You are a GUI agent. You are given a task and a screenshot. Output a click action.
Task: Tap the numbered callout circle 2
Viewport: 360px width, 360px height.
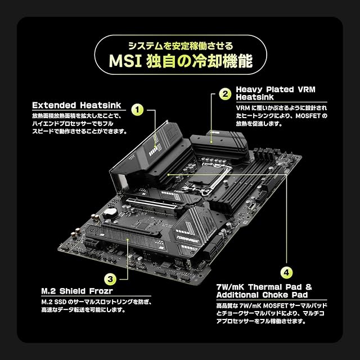(224, 94)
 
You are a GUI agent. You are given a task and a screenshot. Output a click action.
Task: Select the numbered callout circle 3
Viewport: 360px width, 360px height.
(110, 278)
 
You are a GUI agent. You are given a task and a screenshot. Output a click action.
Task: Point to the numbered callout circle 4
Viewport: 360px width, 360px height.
(287, 273)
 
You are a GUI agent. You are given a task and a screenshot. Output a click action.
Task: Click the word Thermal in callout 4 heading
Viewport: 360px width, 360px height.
(268, 286)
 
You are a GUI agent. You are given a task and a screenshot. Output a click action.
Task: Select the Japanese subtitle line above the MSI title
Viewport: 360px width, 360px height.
(180, 44)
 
